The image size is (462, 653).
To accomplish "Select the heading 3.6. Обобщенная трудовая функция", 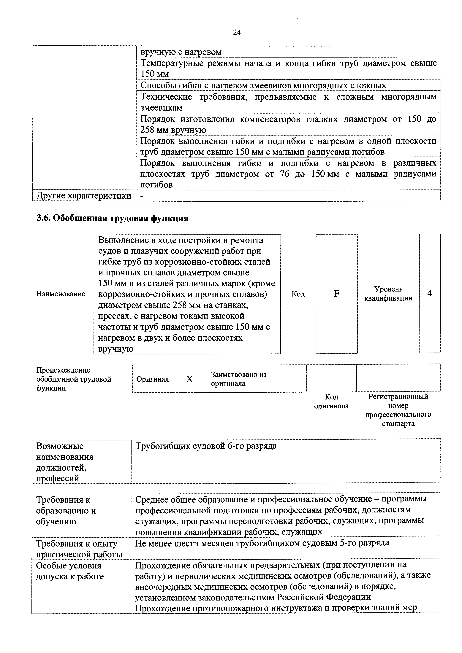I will pyautogui.click(x=113, y=218).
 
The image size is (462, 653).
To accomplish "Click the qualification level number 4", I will pyautogui.click(x=430, y=293).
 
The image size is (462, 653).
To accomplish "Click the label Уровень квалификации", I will pyautogui.click(x=388, y=294).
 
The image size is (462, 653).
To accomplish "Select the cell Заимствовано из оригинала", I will pyautogui.click(x=238, y=379).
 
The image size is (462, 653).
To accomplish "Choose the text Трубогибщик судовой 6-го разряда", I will pyautogui.click(x=206, y=446).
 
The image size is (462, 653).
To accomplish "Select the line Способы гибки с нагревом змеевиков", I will pyautogui.click(x=263, y=85).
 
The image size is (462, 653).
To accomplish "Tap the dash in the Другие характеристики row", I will pyautogui.click(x=142, y=196).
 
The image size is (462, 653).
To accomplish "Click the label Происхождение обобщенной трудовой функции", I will pyautogui.click(x=73, y=379).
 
